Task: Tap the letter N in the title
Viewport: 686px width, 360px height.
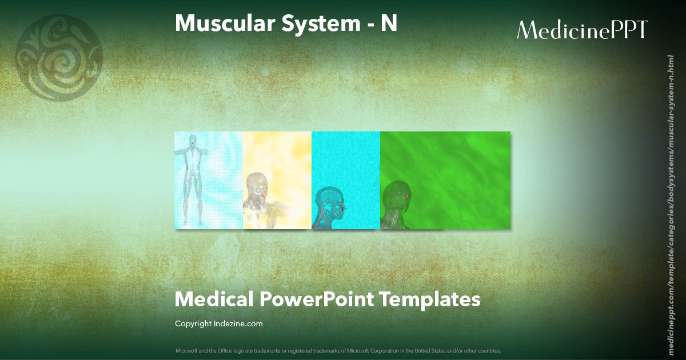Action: (x=389, y=23)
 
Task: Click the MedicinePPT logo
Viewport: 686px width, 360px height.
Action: (x=582, y=30)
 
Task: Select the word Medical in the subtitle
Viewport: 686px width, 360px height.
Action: (x=214, y=299)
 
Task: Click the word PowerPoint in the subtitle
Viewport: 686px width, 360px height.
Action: (x=316, y=299)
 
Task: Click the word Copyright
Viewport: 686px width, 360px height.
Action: (x=193, y=324)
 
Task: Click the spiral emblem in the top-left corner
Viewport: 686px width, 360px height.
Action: (x=59, y=58)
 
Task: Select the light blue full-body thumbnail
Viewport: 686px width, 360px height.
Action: (x=209, y=180)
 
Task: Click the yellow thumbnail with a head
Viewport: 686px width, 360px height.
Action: (x=277, y=180)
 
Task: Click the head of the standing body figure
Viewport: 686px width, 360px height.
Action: (x=193, y=141)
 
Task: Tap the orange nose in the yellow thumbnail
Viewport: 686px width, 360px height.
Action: (x=264, y=195)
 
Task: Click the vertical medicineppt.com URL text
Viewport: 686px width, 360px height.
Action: (x=671, y=197)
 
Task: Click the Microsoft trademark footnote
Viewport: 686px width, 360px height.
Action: (x=338, y=350)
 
